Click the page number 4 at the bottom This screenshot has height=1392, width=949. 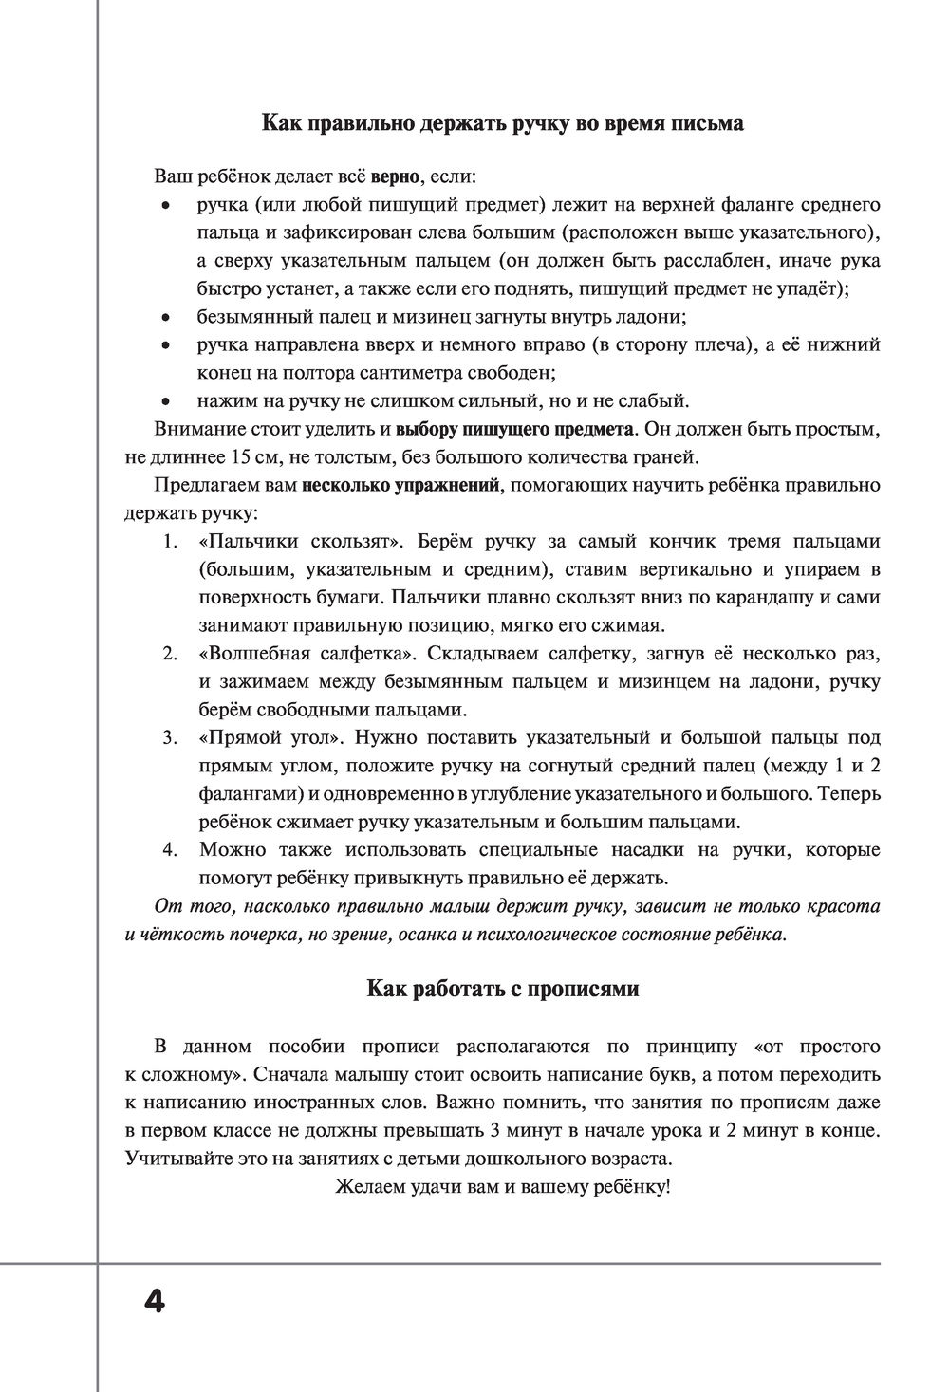point(155,1300)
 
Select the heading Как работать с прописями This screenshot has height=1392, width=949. point(503,989)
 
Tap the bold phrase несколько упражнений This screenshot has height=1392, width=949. point(400,485)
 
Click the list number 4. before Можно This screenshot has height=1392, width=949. point(171,848)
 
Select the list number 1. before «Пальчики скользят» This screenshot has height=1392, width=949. point(171,542)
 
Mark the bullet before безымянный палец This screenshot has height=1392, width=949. point(165,317)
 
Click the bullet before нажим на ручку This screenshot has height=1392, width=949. point(165,400)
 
